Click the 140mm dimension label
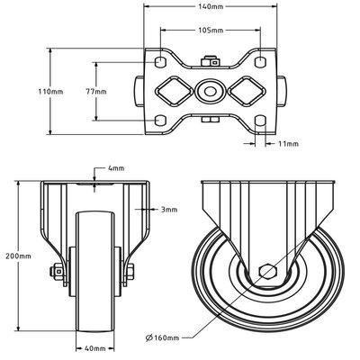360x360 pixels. [x=211, y=6]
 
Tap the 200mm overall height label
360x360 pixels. [x=18, y=256]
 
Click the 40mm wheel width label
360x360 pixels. [x=95, y=347]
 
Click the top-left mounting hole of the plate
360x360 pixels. [x=161, y=62]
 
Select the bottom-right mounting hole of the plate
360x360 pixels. [x=260, y=121]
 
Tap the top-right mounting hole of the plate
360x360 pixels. [x=260, y=62]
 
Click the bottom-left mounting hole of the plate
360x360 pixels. [x=161, y=121]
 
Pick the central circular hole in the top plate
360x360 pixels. [x=211, y=91]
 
